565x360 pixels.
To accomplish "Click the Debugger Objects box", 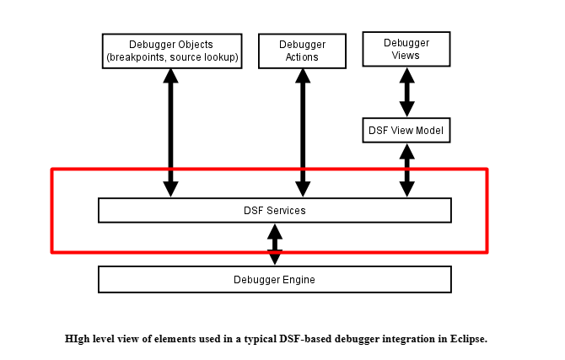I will pyautogui.click(x=171, y=51).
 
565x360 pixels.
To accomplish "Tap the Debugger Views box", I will pyautogui.click(x=406, y=49).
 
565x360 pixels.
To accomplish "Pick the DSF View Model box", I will pyautogui.click(x=406, y=131).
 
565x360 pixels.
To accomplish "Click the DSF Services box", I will pyautogui.click(x=274, y=210).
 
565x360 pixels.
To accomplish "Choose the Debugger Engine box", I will pyautogui.click(x=274, y=279).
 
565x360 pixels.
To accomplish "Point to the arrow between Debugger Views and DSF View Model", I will pyautogui.click(x=406, y=93).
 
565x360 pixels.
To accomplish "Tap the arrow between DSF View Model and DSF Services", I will pyautogui.click(x=407, y=170).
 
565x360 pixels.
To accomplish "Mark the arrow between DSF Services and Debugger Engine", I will pyautogui.click(x=275, y=244).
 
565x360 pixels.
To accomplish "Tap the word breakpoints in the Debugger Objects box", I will pyautogui.click(x=138, y=57).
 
